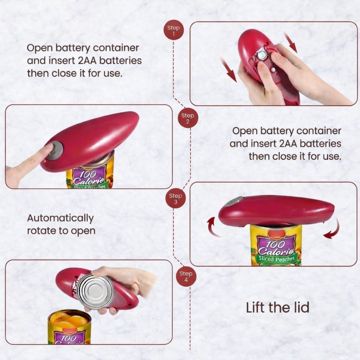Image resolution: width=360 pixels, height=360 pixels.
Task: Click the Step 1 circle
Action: (x=174, y=30)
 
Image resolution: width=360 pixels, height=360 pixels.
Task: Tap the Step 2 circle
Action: (x=188, y=117)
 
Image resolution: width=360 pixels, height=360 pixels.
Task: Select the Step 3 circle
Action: (x=175, y=198)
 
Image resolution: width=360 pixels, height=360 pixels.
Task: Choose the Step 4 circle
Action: (x=186, y=276)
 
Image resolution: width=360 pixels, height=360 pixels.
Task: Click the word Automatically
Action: (x=60, y=218)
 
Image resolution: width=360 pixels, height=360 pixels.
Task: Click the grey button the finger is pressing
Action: (x=55, y=150)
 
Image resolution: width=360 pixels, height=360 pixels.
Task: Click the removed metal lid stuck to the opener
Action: (x=96, y=291)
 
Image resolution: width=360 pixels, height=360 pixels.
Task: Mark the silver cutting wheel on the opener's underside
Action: (x=261, y=54)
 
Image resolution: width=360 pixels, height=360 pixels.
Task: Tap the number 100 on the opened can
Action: (x=70, y=338)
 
